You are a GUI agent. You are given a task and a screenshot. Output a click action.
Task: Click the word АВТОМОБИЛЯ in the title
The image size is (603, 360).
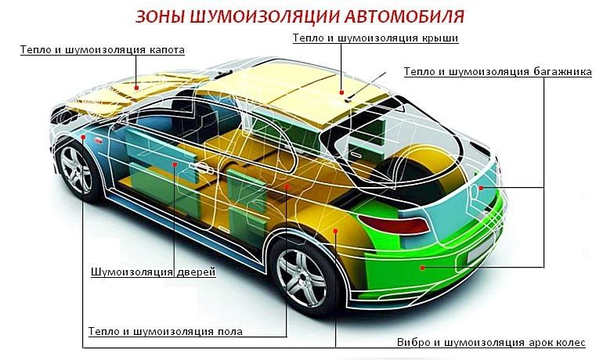(404, 17)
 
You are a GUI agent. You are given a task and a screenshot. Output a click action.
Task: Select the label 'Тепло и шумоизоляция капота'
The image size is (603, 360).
(103, 50)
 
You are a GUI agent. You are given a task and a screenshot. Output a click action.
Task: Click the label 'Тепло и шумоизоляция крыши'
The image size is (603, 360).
(375, 38)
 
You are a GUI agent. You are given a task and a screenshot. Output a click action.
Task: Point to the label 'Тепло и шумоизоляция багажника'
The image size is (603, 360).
(497, 72)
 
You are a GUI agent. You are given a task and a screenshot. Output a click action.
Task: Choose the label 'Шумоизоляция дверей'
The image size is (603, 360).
(153, 272)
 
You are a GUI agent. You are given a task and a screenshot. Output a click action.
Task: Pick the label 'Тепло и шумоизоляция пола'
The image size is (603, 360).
(165, 331)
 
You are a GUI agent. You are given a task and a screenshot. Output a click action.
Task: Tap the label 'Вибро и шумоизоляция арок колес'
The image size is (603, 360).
(491, 342)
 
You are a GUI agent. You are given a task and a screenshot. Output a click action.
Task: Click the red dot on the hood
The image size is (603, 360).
(136, 88)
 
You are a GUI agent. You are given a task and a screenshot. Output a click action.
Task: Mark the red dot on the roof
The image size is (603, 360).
(341, 92)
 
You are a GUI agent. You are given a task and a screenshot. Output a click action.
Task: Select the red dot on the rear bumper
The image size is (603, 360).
(422, 268)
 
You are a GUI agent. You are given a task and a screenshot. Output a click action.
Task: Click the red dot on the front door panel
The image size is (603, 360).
(175, 164)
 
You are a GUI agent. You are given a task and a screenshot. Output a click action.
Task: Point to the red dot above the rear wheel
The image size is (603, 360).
(335, 231)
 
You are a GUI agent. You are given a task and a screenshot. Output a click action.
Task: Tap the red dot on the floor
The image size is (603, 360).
(287, 186)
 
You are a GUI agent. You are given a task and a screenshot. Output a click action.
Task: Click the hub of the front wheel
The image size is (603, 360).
(75, 170)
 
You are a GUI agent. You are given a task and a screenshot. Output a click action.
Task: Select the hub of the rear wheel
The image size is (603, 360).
(301, 278)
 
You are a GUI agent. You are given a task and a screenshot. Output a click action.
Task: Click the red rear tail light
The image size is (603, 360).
(394, 224)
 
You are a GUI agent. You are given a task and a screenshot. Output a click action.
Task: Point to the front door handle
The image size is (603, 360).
(202, 168)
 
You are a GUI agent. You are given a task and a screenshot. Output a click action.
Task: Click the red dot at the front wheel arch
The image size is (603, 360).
(83, 137)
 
